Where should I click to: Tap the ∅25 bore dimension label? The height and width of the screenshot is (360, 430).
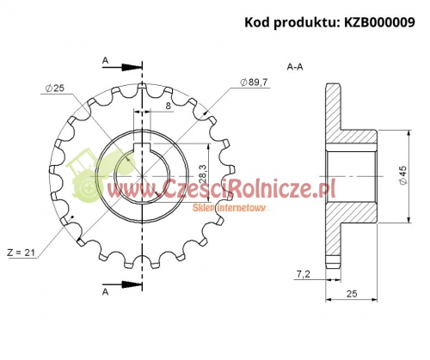click(x=52, y=88)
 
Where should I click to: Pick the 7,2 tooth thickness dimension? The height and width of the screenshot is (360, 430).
click(x=303, y=273)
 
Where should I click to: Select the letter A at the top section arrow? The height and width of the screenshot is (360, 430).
click(x=105, y=60)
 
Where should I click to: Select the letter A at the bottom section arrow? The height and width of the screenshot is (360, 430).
click(x=105, y=293)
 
